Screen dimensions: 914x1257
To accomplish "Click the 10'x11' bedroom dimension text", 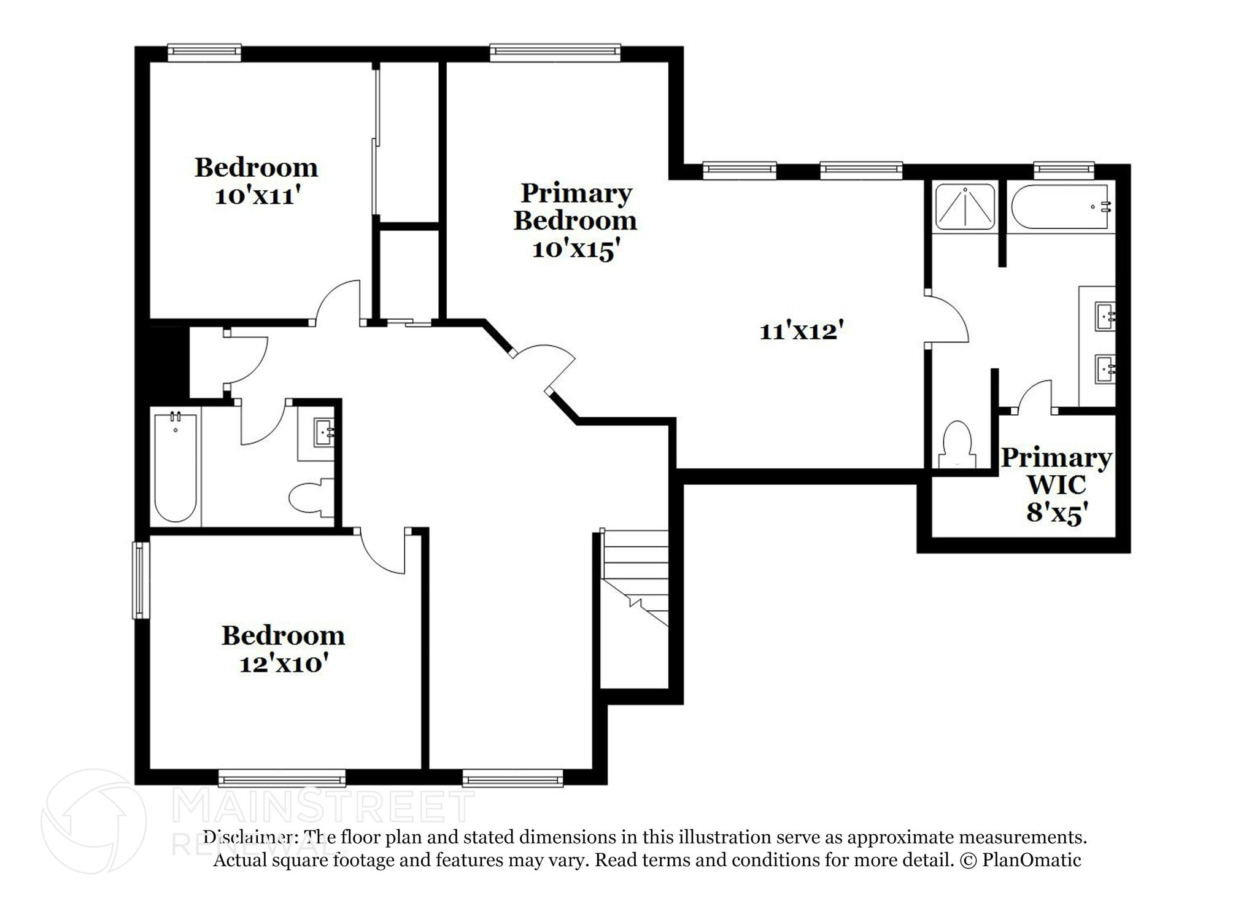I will click(x=257, y=196).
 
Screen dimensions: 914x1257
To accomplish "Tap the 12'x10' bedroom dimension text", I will click(x=282, y=664).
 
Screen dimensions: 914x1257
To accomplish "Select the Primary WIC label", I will click(x=1056, y=471).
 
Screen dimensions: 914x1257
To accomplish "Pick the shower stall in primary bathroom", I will click(x=964, y=207).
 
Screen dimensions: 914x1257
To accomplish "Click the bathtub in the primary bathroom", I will click(x=1060, y=207).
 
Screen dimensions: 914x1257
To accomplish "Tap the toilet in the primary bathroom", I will click(x=956, y=445).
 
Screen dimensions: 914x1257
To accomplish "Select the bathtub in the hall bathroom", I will click(x=176, y=468).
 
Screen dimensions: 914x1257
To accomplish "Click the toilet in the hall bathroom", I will click(x=311, y=497).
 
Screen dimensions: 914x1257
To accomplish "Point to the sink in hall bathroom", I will click(x=323, y=432).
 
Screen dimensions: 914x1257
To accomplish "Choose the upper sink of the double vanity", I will click(x=1105, y=317).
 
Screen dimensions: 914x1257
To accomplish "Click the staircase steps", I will click(x=635, y=577).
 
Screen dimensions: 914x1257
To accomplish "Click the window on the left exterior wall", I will click(x=141, y=579).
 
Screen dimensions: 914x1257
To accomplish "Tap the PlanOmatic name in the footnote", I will click(x=1031, y=860).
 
